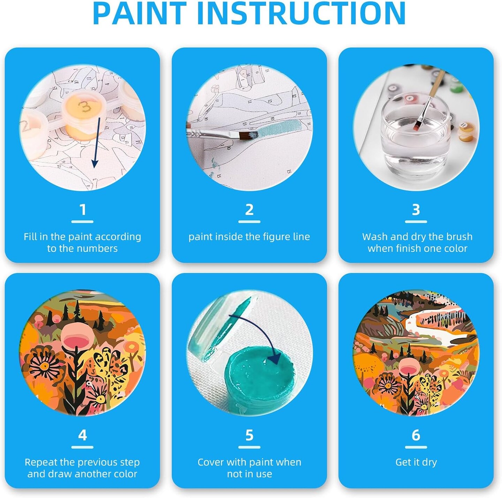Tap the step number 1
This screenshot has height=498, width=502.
83,210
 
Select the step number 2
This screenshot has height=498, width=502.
249,210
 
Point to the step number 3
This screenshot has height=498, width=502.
416,210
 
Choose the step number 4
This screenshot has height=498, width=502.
83,435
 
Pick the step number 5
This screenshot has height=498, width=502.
249,435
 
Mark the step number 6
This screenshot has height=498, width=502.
416,435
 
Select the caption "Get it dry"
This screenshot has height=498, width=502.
416,462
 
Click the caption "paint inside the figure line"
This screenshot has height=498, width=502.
249,237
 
